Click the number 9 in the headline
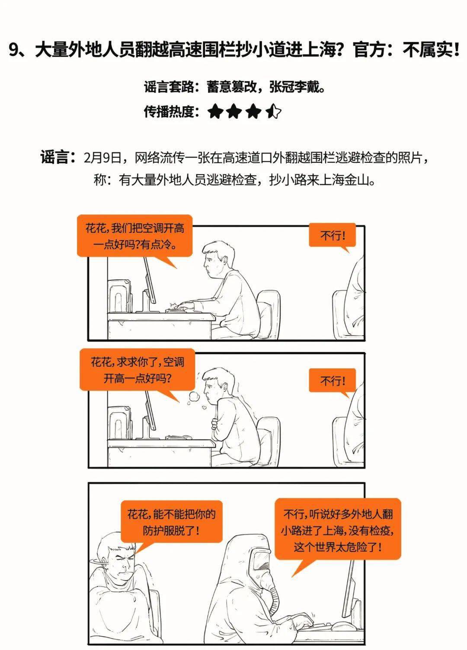14,50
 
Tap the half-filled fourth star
273,111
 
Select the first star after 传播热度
215,111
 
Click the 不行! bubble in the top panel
332,235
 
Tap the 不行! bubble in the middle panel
332,380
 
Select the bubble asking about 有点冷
134,236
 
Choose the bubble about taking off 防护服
171,522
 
